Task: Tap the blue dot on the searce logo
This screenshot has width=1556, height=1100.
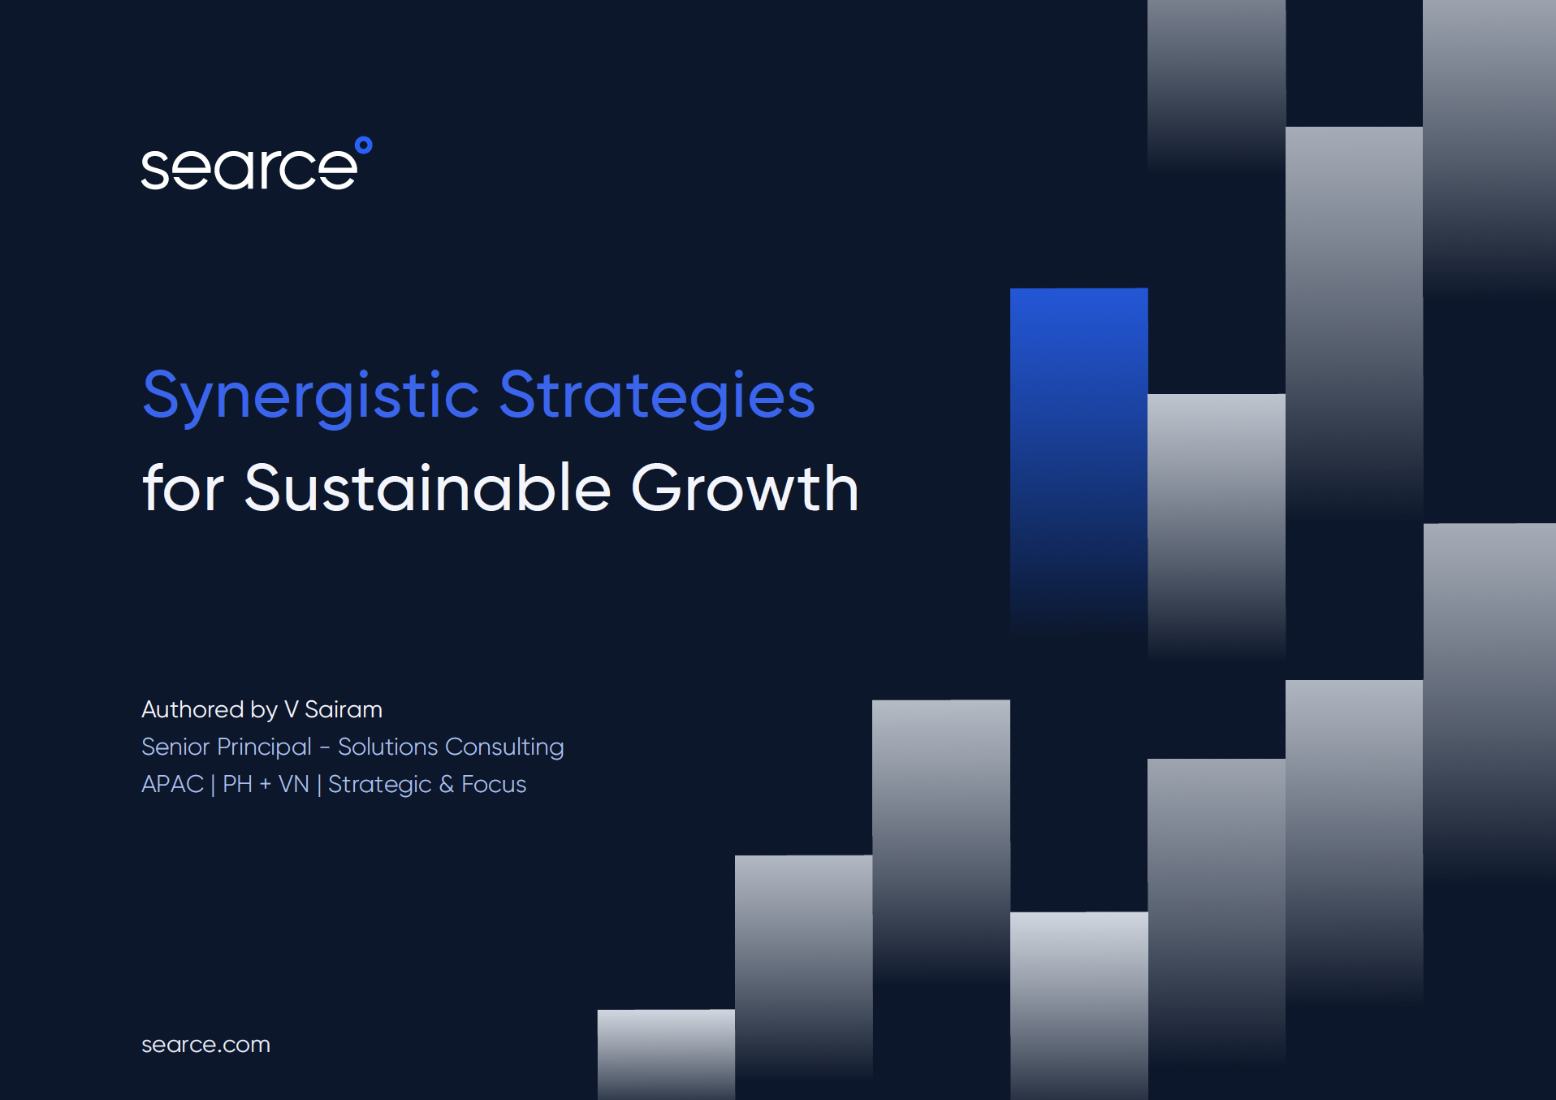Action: (364, 145)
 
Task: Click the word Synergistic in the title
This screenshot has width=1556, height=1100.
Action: (311, 396)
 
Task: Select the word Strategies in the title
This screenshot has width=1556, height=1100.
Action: (656, 396)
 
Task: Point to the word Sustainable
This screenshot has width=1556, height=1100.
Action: (427, 488)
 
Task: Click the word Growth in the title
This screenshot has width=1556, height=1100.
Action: (744, 488)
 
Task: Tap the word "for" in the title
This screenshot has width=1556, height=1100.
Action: (183, 488)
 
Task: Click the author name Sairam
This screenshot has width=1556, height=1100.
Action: (343, 709)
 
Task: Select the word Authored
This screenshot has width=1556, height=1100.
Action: (192, 709)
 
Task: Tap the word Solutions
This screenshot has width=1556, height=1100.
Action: (387, 747)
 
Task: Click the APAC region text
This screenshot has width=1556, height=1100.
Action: (172, 784)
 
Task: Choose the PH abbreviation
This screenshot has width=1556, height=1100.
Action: (237, 784)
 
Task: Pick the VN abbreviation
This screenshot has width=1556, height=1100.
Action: (293, 784)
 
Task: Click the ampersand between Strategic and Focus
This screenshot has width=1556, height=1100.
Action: (446, 784)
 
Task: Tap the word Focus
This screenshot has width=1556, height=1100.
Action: (494, 784)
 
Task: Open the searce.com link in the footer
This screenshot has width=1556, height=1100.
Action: (205, 1044)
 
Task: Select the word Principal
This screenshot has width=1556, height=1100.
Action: (264, 747)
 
